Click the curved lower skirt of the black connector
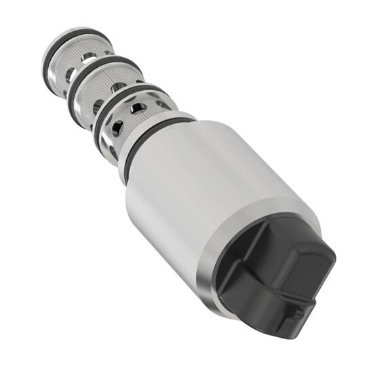[258, 312]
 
